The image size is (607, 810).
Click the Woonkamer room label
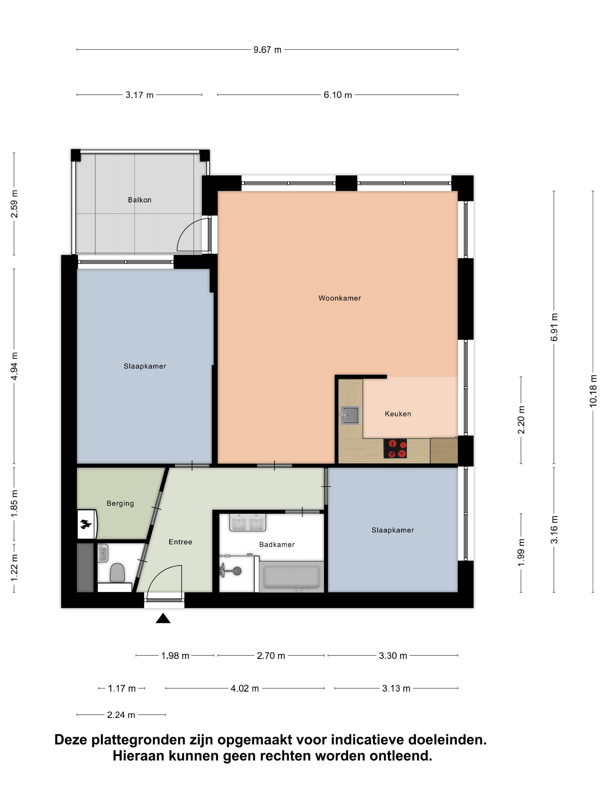pos(340,298)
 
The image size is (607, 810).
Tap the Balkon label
pos(139,200)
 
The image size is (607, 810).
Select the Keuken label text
pos(398,414)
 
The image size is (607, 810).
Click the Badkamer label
pos(277,544)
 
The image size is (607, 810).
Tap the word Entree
pos(180,542)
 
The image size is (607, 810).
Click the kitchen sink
pos(350,415)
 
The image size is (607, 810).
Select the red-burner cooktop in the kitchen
pos(395,449)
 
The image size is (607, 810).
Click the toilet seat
pos(117,572)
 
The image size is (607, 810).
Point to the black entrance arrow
pos(163,618)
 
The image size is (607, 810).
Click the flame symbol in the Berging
pos(86,524)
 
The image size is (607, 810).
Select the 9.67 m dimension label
pos(267,50)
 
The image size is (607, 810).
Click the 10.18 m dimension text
pos(593,391)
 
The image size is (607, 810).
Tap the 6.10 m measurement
pos(337,95)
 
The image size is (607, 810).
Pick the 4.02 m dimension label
pos(245,689)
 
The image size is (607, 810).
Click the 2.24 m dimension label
pos(121,715)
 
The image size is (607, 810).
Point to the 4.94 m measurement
pos(14,366)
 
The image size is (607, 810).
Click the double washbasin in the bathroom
pos(247,522)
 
